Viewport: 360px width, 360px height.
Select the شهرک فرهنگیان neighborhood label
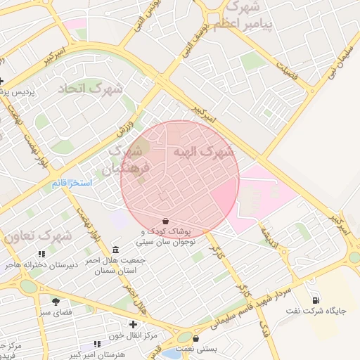(x=125, y=160)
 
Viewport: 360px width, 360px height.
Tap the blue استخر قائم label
(x=72, y=183)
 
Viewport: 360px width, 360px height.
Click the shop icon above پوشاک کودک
(x=165, y=221)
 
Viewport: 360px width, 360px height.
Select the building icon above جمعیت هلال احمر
(x=115, y=250)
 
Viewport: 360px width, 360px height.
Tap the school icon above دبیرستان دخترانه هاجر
(x=41, y=253)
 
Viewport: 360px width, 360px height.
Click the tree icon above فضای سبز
(x=56, y=302)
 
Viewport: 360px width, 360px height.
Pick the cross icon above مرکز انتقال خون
(x=133, y=324)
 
